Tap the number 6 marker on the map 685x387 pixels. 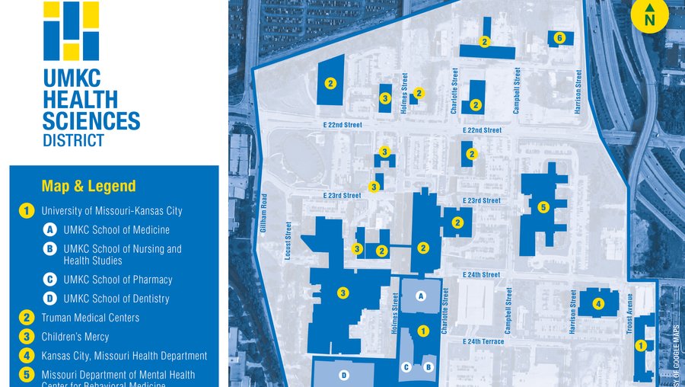[559, 37]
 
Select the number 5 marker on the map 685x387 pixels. [543, 206]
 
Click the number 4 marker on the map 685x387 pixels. [598, 304]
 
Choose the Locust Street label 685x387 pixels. [288, 241]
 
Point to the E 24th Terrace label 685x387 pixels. [483, 341]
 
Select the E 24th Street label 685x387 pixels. [481, 274]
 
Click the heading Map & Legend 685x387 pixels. [89, 186]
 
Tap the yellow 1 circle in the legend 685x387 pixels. [27, 211]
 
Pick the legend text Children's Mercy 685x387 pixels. [75, 337]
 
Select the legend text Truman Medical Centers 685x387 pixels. [90, 318]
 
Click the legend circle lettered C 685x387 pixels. [49, 280]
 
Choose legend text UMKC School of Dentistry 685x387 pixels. [116, 299]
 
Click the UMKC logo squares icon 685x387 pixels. [72, 30]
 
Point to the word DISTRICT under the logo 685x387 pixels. [74, 140]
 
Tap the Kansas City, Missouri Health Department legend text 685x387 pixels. [124, 356]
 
